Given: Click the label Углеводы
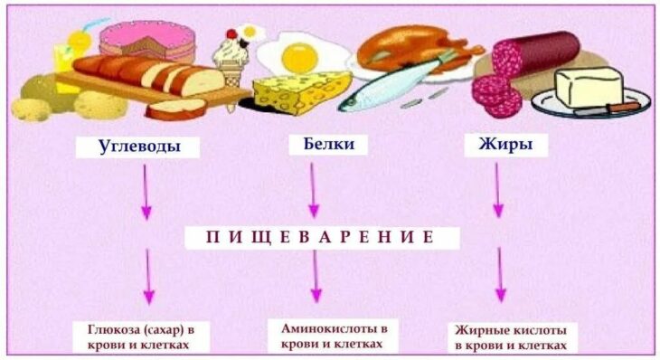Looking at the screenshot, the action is pyautogui.click(x=137, y=147).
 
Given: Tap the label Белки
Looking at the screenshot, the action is pyautogui.click(x=328, y=145).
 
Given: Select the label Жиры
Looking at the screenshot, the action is pyautogui.click(x=505, y=145).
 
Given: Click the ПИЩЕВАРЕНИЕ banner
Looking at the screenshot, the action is pyautogui.click(x=322, y=238).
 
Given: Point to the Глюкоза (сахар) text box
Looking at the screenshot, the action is pyautogui.click(x=141, y=336).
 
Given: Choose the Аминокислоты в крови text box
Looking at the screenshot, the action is pyautogui.click(x=334, y=336).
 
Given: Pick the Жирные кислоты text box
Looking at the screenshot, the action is pyautogui.click(x=510, y=337).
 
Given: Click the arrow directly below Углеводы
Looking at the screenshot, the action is pyautogui.click(x=146, y=192).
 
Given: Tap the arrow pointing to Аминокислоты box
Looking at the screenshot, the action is pyautogui.click(x=316, y=276).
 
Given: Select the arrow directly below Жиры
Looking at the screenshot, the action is pyautogui.click(x=498, y=190).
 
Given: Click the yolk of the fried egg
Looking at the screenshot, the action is pyautogui.click(x=299, y=58).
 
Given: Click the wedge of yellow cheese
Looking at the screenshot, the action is pyautogui.click(x=301, y=91).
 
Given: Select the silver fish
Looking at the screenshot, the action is pyautogui.click(x=391, y=85).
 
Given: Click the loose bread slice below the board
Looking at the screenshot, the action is pyautogui.click(x=176, y=109).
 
